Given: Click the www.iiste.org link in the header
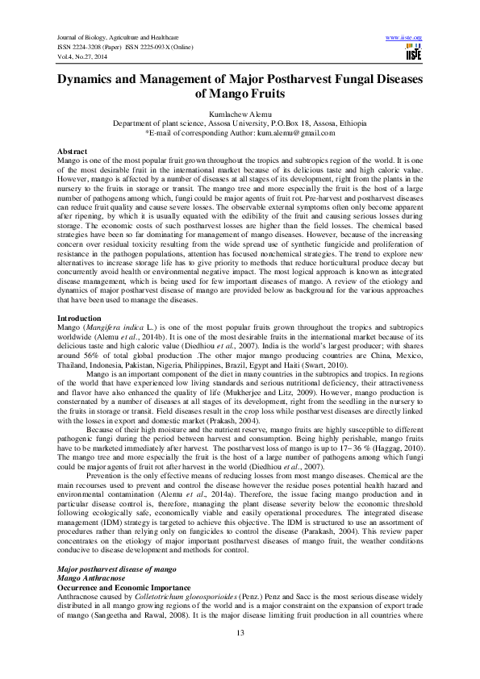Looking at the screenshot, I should [x=404, y=37].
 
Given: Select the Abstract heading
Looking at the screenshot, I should [x=73, y=152].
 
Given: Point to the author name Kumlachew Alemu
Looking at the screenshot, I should [x=240, y=115].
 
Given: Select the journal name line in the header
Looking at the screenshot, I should [x=119, y=37].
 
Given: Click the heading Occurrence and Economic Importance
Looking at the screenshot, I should [x=122, y=589].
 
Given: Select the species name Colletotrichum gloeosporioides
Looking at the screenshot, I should [x=213, y=598].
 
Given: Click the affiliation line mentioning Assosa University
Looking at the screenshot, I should [x=240, y=123].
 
